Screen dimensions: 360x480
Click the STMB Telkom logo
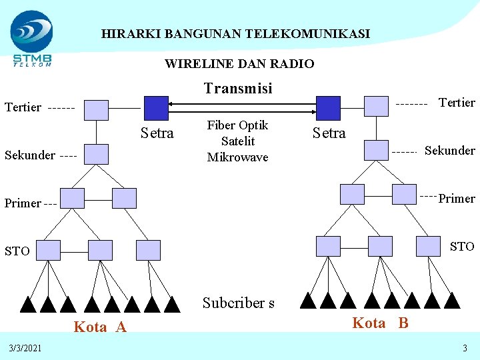point(32,39)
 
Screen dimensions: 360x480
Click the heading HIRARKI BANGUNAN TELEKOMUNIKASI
point(235,33)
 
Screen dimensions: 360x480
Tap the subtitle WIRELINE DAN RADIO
point(239,64)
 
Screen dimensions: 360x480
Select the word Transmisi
point(238,89)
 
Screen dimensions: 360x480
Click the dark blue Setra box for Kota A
point(157,107)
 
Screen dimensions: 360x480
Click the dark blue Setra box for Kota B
point(327,107)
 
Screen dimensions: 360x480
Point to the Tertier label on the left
point(23,107)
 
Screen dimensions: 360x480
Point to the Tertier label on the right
point(457,102)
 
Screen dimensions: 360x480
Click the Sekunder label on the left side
point(29,155)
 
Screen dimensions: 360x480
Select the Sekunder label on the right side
point(450,150)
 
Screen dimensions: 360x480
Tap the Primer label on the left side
point(23,203)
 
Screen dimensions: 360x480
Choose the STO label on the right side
point(462,247)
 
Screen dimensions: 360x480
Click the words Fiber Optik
point(238,125)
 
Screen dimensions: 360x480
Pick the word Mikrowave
point(238,157)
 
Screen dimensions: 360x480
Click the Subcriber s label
point(238,303)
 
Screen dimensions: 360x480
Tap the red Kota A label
point(100,327)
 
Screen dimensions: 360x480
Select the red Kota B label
point(380,323)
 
